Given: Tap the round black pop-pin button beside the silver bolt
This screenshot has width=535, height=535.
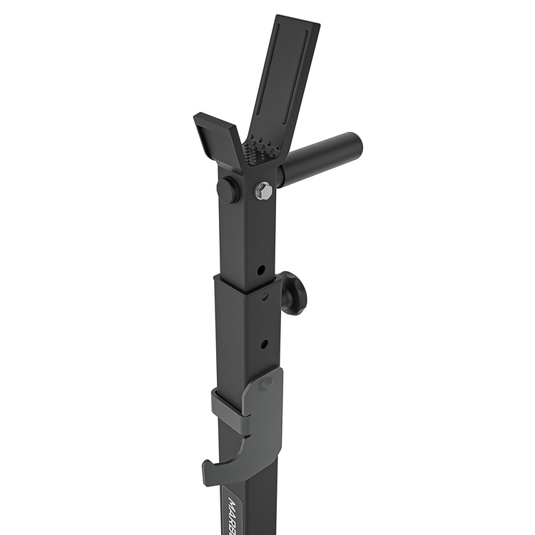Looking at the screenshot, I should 228,190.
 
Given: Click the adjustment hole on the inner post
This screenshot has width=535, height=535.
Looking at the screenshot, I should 261,270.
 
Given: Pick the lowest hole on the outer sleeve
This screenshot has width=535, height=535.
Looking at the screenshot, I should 264,344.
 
